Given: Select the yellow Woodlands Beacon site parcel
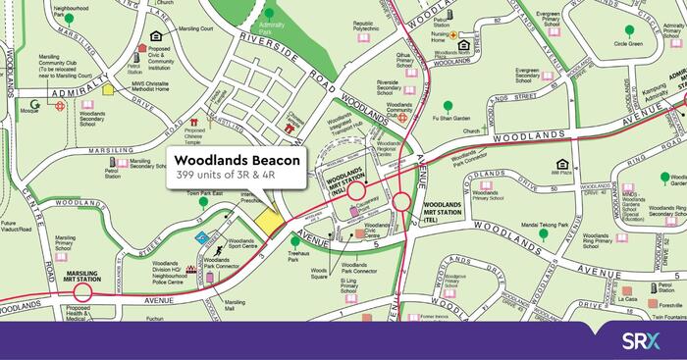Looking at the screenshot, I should point(269,221).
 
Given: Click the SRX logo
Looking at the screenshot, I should point(646,340).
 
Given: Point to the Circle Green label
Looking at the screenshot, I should point(628,43).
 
